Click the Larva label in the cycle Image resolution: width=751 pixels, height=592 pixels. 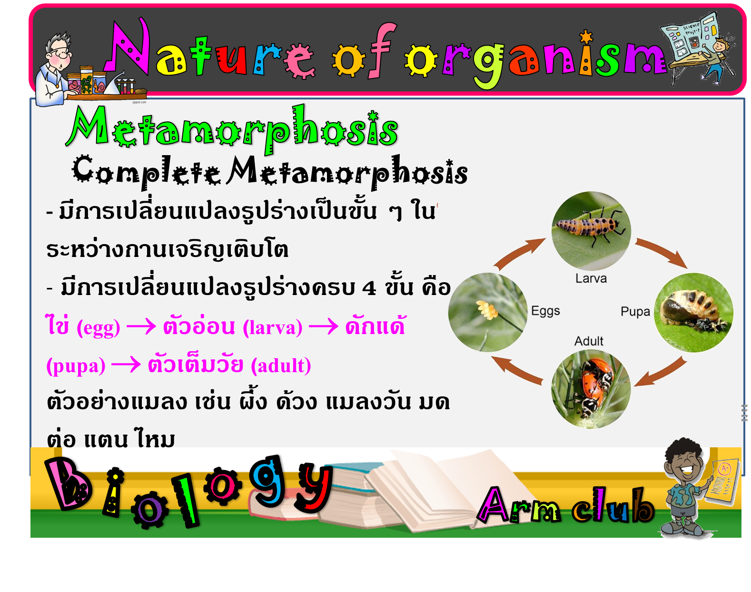tap(591, 278)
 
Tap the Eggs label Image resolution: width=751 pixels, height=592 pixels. tap(545, 311)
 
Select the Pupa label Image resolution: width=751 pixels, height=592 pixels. tap(635, 311)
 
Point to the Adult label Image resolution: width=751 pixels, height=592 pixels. tap(589, 341)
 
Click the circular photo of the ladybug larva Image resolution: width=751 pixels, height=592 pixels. tap(591, 231)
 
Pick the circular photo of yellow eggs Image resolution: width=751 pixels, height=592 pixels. tap(487, 312)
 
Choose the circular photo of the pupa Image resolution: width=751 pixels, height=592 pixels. tap(693, 312)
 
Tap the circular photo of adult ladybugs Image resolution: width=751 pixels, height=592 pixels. tap(591, 389)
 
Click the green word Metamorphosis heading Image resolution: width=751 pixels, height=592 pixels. tap(232, 129)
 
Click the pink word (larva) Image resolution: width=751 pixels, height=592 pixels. tap(272, 327)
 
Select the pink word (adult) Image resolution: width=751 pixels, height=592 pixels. tap(281, 366)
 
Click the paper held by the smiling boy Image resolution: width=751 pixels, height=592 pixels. tap(721, 483)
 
